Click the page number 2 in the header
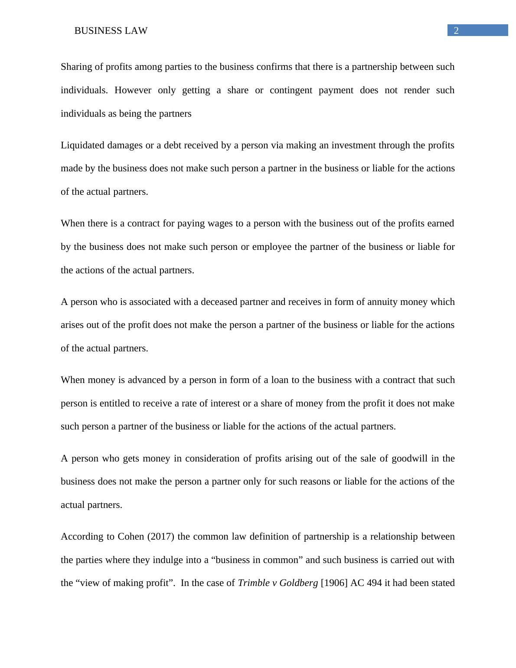point(456,30)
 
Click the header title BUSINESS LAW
point(111,31)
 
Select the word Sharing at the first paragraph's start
point(76,67)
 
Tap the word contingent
point(291,90)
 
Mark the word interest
point(225,403)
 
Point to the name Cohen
point(131,537)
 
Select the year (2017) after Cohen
point(161,537)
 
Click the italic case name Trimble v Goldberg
point(278,583)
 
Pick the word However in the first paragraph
point(133,90)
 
